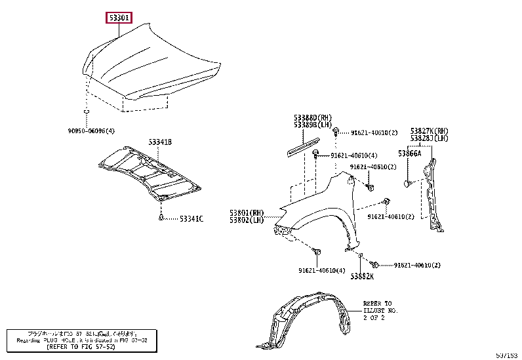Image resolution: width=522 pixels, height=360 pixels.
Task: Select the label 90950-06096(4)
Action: [x=90, y=131]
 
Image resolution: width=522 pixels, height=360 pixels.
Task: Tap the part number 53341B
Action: [x=159, y=142]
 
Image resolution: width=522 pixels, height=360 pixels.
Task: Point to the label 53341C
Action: [x=191, y=218]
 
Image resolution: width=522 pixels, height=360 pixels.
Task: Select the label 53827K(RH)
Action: [x=429, y=130]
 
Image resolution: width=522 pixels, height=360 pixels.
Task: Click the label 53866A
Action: [x=411, y=153]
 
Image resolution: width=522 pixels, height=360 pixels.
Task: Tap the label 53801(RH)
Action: [x=247, y=212]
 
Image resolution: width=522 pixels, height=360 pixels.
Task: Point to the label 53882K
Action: [x=361, y=276]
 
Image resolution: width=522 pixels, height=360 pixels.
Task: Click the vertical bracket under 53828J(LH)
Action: [x=433, y=190]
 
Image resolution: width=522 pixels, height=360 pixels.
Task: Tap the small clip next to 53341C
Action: [x=161, y=218]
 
